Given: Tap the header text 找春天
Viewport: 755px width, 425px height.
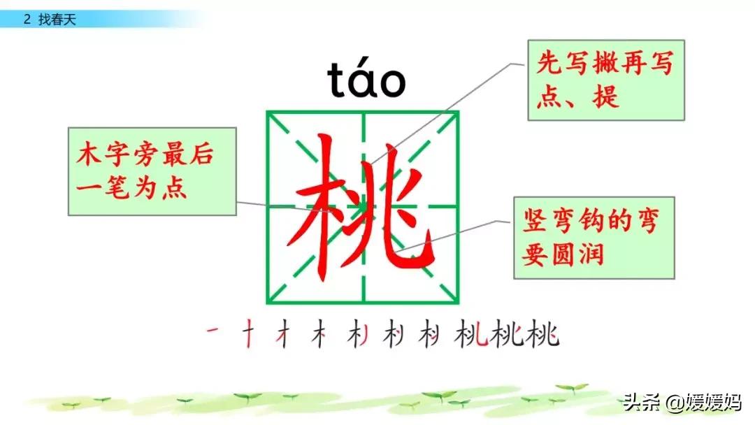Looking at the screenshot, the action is pyautogui.click(x=57, y=20).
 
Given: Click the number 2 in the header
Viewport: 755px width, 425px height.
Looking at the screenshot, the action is pyautogui.click(x=27, y=20).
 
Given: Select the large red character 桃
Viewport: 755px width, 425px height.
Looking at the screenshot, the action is pyautogui.click(x=361, y=207).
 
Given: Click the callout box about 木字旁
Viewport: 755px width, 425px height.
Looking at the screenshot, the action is pyautogui.click(x=152, y=171).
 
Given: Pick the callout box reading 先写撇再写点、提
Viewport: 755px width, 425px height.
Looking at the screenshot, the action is pyautogui.click(x=606, y=80).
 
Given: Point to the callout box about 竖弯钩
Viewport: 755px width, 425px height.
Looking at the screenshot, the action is pyautogui.click(x=594, y=238).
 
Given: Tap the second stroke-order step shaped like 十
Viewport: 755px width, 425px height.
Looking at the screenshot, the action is pyautogui.click(x=248, y=333).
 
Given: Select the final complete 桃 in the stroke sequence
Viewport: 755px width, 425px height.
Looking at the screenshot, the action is pyautogui.click(x=542, y=333).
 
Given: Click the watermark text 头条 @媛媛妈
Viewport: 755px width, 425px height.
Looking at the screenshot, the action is pyautogui.click(x=682, y=401).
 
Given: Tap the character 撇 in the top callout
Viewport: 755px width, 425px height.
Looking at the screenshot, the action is pyautogui.click(x=605, y=63).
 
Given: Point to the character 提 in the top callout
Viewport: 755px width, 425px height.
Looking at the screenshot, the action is pyautogui.click(x=605, y=96).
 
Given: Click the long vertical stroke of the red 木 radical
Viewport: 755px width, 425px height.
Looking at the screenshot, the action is pyautogui.click(x=325, y=208).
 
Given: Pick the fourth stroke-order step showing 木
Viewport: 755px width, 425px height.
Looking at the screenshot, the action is pyautogui.click(x=319, y=333).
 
